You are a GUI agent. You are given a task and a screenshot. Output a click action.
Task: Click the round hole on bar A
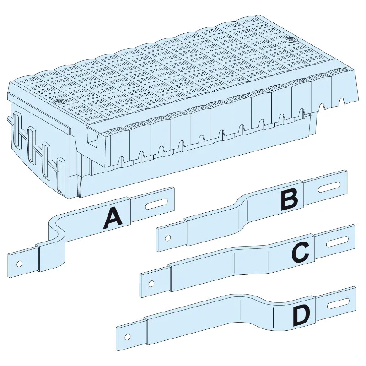pyautogui.click(x=19, y=264)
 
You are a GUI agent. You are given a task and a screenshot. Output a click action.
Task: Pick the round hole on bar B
pyautogui.click(x=168, y=238)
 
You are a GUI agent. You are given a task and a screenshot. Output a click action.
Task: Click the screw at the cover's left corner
pyautogui.click(x=57, y=103)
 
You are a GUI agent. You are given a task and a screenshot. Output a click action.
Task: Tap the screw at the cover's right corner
pyautogui.click(x=288, y=40)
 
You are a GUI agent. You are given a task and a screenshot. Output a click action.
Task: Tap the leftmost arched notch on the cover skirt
pyautogui.click(x=121, y=160)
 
